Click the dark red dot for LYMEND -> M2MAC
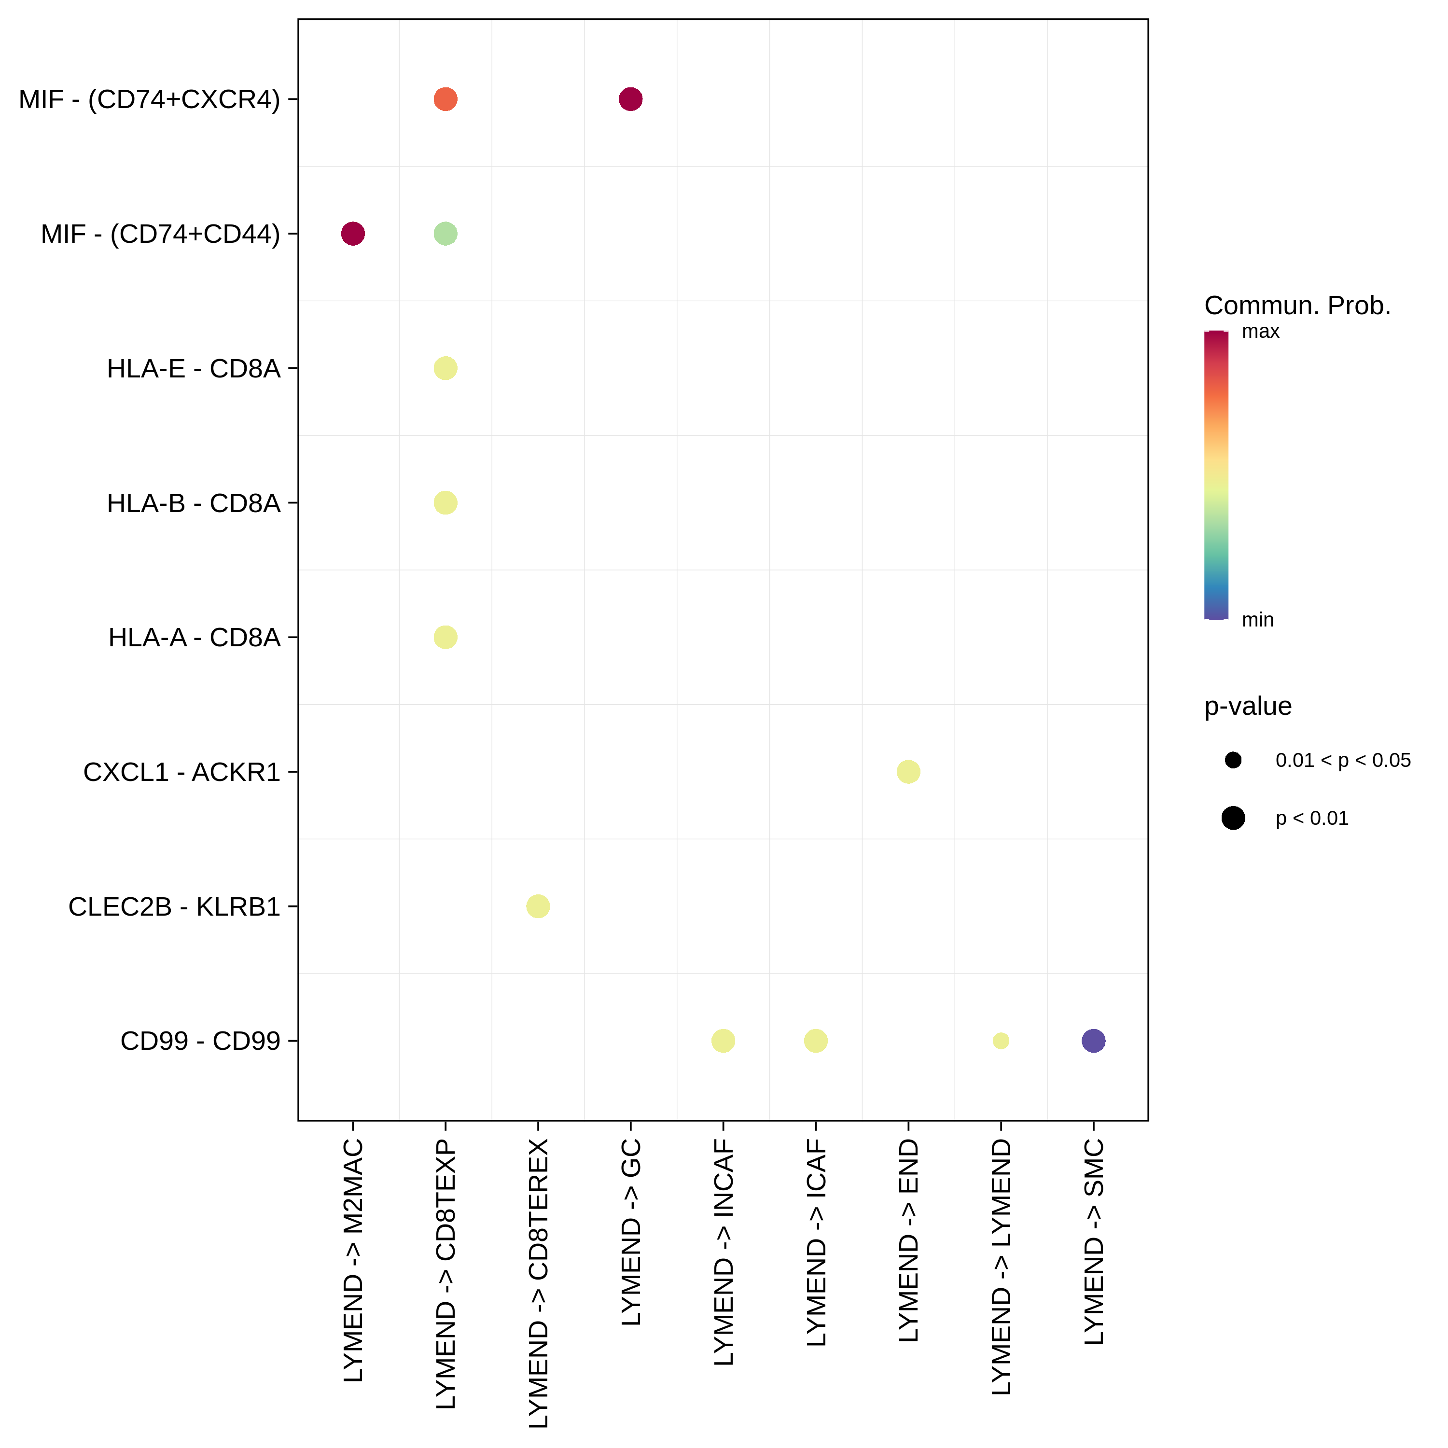click(x=353, y=234)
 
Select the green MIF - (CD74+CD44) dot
click(x=445, y=234)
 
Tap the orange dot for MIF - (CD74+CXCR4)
click(x=445, y=99)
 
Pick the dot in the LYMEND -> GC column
click(x=630, y=99)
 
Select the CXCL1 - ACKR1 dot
click(x=908, y=771)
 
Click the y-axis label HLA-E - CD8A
click(x=194, y=369)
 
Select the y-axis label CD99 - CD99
click(x=200, y=1041)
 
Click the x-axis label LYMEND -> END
click(x=908, y=1240)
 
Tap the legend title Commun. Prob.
click(x=1297, y=306)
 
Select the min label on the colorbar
click(x=1258, y=620)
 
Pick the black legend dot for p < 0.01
click(x=1233, y=818)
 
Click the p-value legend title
click(x=1248, y=706)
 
